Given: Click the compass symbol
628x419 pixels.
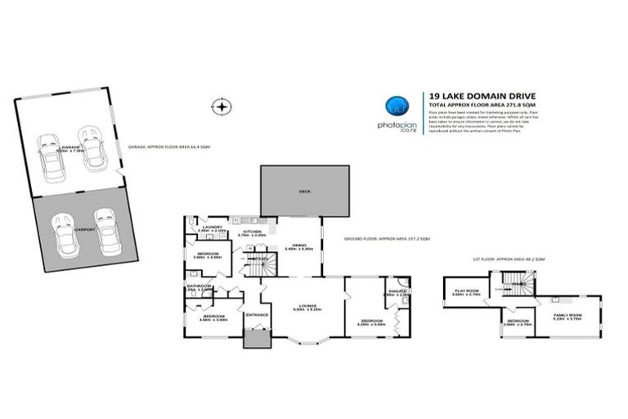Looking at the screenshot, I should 220,106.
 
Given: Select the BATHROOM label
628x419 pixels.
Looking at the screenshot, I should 200,286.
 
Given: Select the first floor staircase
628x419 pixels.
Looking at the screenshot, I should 516,286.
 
